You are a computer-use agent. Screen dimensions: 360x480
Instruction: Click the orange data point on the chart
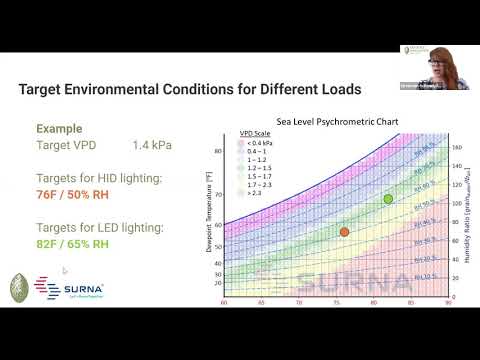[344, 232]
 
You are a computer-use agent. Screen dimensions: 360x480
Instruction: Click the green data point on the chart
[388, 199]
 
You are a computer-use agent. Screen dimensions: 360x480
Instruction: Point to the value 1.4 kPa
[152, 145]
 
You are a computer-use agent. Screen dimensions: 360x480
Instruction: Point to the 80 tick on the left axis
[218, 151]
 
